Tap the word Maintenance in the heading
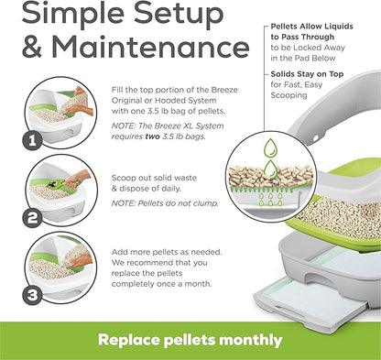[150, 48]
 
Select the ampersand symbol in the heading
[32, 48]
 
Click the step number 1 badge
[32, 141]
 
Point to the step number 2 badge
[32, 218]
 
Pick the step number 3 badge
[32, 295]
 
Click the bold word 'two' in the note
[152, 136]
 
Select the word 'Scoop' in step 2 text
[122, 179]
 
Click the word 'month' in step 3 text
[198, 284]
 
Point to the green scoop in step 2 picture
[65, 183]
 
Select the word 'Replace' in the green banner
[129, 340]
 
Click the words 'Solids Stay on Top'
[307, 74]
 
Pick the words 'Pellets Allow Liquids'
[311, 27]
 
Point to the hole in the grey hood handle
[316, 138]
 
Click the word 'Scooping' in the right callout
[288, 95]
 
